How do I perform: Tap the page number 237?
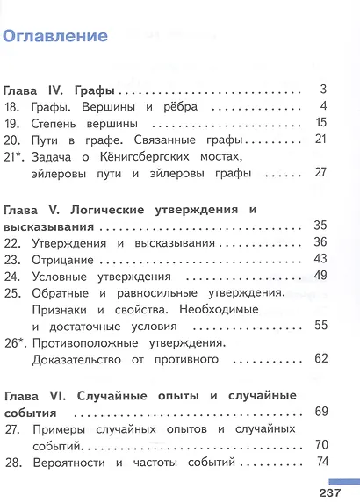coord(341,492)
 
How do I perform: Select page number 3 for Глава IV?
coord(323,90)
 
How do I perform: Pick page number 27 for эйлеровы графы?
coord(320,174)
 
